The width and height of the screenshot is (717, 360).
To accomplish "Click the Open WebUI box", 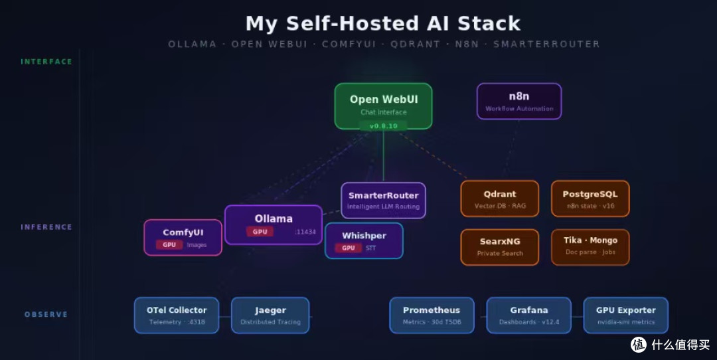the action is tap(383, 106).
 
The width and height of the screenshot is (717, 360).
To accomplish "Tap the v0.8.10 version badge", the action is tap(383, 126).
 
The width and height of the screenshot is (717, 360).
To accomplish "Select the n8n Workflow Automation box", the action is tap(519, 101).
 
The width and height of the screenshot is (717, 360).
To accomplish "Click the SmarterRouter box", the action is tap(383, 201).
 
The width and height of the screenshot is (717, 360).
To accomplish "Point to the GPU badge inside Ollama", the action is tap(260, 231).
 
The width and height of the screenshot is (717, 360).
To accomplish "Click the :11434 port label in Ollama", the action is tap(305, 232).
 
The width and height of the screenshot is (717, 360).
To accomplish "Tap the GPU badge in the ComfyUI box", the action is tap(169, 244).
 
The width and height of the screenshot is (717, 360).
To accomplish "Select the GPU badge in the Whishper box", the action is tap(349, 248).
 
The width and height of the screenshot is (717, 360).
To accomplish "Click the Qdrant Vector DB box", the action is tap(500, 199).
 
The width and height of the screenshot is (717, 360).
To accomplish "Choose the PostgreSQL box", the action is tap(590, 199).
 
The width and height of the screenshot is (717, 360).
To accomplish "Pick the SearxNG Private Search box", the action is tap(500, 247).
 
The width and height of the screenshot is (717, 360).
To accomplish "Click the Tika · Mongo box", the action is tap(590, 247).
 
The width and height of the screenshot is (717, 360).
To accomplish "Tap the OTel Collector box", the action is tap(177, 315).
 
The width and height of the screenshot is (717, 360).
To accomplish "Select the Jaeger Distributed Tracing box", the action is tap(270, 315).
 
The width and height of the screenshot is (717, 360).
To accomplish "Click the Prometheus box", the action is tap(432, 315).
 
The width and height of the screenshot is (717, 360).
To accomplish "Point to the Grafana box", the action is tap(529, 315).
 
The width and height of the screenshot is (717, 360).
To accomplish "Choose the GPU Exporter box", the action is tap(626, 315).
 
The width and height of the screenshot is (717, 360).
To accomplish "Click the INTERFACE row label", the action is tap(46, 62).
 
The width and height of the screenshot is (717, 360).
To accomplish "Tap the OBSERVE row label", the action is tap(46, 314).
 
